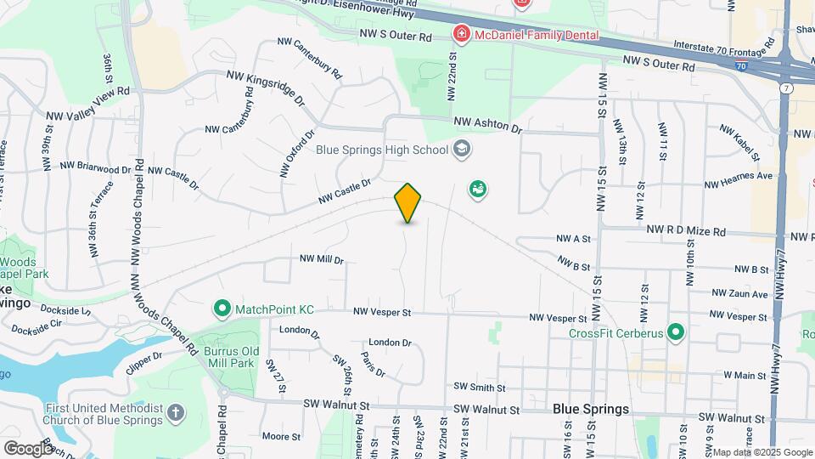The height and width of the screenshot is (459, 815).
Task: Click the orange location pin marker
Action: pos(408,202)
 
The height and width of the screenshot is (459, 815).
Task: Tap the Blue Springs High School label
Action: pos(381,150)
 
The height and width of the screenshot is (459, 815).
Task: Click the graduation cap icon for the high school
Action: pos(461,150)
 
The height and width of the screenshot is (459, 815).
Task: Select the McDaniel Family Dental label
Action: pos(537,35)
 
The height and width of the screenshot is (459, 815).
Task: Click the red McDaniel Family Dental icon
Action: pos(461,35)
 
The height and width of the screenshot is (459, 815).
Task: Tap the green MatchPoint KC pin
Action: pos(222,308)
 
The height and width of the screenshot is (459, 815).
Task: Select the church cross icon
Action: pos(176,414)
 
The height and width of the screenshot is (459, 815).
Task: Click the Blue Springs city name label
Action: pos(591,409)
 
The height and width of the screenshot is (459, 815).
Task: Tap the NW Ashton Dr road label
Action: pos(487,126)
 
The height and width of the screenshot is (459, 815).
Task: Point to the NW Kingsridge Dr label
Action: pos(266,88)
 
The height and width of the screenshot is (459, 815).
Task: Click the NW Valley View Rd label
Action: pos(87,103)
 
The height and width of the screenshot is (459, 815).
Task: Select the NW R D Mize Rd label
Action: pos(686,231)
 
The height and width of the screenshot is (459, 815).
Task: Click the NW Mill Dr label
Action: pos(321,259)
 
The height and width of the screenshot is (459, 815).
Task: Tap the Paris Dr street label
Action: pos(373,365)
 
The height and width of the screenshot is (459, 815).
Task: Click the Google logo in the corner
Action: pos(27,448)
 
